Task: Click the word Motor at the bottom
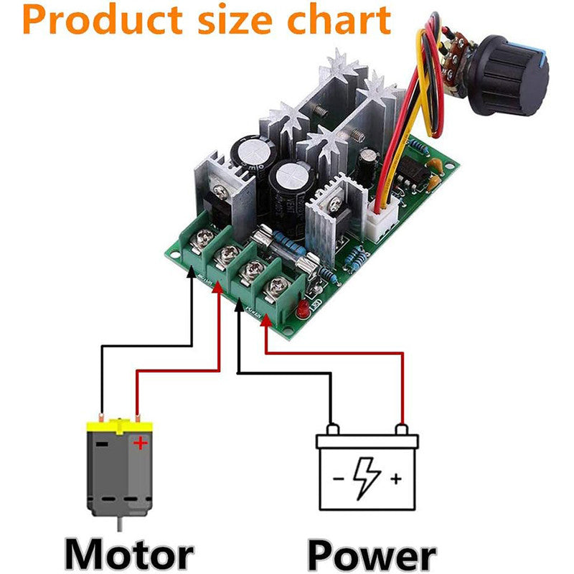point(129,555)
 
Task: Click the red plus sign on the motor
point(140,444)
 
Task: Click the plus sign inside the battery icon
point(395,479)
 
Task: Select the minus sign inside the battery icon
point(338,479)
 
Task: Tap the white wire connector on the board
point(379,215)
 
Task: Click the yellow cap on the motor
point(120,426)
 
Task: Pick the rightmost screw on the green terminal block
point(275,290)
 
